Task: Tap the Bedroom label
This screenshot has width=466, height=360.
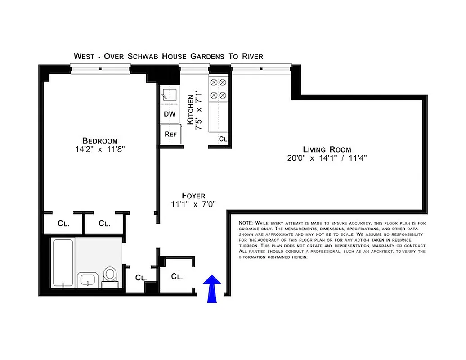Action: pos(100,140)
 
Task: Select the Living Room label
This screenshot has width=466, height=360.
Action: pos(327,149)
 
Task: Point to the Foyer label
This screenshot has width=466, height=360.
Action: pos(194,196)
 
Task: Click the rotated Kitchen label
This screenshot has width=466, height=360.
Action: pos(191,109)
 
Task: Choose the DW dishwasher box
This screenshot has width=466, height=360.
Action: pos(170,114)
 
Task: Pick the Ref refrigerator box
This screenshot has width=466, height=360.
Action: pos(170,134)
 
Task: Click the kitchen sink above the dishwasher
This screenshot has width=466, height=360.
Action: pos(170,94)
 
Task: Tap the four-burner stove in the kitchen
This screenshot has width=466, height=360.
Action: pos(218,89)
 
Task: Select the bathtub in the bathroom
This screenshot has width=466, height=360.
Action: pos(63,263)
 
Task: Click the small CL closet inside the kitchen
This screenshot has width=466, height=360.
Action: pos(223,139)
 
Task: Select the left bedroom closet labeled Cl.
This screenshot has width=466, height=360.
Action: pos(63,223)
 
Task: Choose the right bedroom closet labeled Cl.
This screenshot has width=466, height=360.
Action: pos(104,223)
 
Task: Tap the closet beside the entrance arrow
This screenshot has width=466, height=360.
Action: pos(177,276)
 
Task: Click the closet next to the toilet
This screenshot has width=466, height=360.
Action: pos(141,278)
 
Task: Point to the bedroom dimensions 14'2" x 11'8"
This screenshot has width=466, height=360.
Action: pos(100,149)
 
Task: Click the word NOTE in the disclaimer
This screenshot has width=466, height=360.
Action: pos(246,223)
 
